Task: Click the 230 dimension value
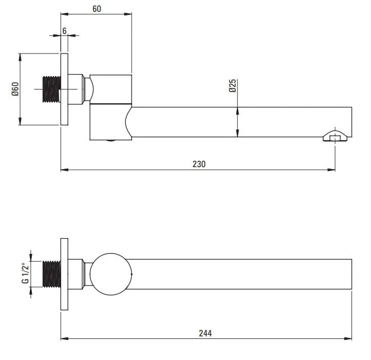click(x=199, y=164)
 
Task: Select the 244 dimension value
click(x=205, y=333)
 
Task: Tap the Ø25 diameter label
click(x=233, y=85)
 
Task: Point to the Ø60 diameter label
click(x=15, y=89)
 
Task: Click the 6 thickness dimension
click(x=65, y=31)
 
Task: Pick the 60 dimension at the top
click(x=97, y=9)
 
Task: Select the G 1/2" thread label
click(x=25, y=273)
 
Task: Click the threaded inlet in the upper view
click(x=52, y=89)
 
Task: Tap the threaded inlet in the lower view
click(x=52, y=274)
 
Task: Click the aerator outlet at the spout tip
click(x=335, y=136)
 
